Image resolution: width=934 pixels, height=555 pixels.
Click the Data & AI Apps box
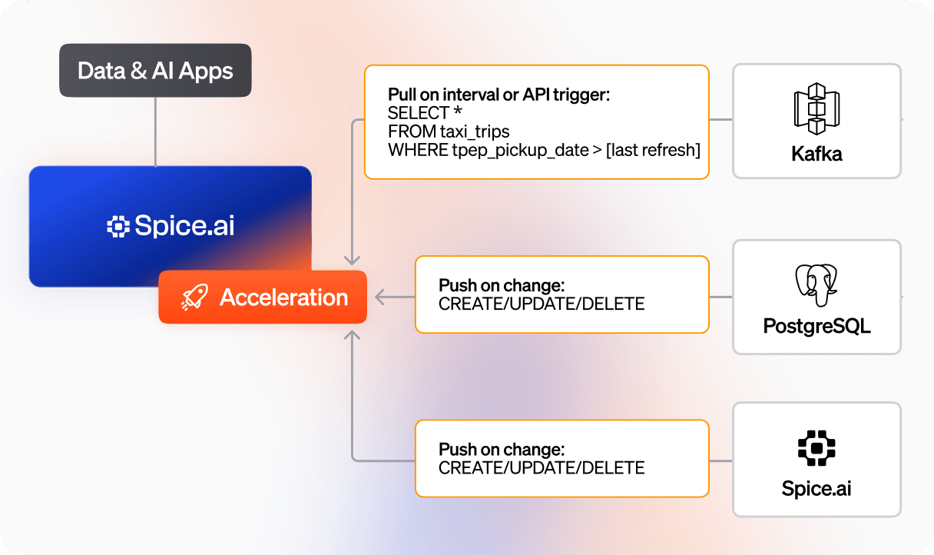(x=155, y=71)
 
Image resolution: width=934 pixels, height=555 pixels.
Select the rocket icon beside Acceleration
(x=194, y=298)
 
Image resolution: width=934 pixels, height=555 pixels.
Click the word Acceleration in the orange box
(x=284, y=297)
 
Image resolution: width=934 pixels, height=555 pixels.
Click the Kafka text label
(x=816, y=154)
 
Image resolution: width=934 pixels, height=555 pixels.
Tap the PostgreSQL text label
(x=816, y=326)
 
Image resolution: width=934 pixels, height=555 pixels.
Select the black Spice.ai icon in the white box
(x=816, y=448)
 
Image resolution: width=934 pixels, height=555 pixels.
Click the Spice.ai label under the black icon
(x=816, y=489)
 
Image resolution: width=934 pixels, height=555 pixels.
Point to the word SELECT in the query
(x=419, y=114)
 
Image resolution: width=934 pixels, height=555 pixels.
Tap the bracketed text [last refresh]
(x=653, y=150)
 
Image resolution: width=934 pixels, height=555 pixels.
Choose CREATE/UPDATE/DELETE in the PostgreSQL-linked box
(x=542, y=304)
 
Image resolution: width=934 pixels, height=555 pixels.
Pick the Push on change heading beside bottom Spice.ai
(x=502, y=449)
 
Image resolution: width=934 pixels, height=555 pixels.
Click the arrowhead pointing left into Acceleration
(x=379, y=297)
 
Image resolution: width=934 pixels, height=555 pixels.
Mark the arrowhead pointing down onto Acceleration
(x=352, y=260)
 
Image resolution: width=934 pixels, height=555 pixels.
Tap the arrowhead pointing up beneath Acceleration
(x=352, y=334)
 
